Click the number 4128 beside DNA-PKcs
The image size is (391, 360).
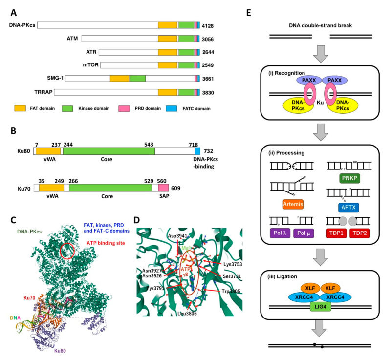(208, 25)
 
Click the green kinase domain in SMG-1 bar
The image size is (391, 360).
(138, 78)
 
